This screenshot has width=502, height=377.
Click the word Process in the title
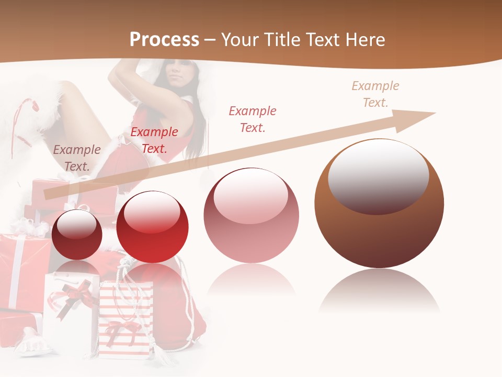tap(164, 39)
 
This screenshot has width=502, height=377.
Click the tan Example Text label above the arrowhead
tap(375, 94)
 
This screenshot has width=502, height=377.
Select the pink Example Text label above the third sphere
tap(253, 119)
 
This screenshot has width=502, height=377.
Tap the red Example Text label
tap(154, 140)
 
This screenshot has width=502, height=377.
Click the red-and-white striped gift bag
tap(125, 319)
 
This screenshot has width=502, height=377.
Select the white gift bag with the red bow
tap(71, 309)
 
